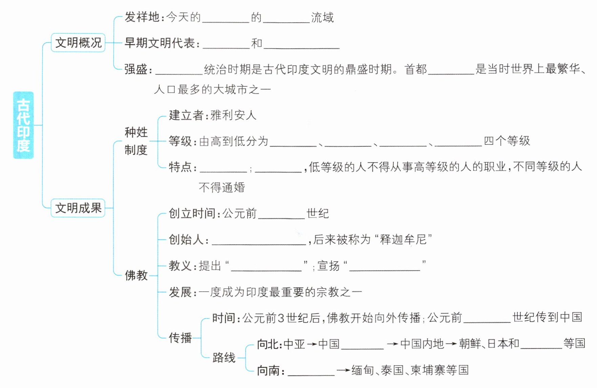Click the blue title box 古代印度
tap(23, 125)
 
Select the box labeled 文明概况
tap(78, 43)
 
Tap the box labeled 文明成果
tap(78, 208)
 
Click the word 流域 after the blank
tap(322, 17)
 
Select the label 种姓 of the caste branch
tap(136, 132)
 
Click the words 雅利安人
tap(233, 115)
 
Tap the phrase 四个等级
tap(507, 141)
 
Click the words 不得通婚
tap(222, 187)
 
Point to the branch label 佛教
tap(136, 275)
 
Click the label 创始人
tap(186, 240)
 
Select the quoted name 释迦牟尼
tap(403, 239)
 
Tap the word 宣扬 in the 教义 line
tap(328, 266)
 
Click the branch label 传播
tap(180, 338)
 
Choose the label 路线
tap(224, 357)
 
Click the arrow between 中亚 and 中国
tap(312, 344)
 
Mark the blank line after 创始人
tap(259, 241)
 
